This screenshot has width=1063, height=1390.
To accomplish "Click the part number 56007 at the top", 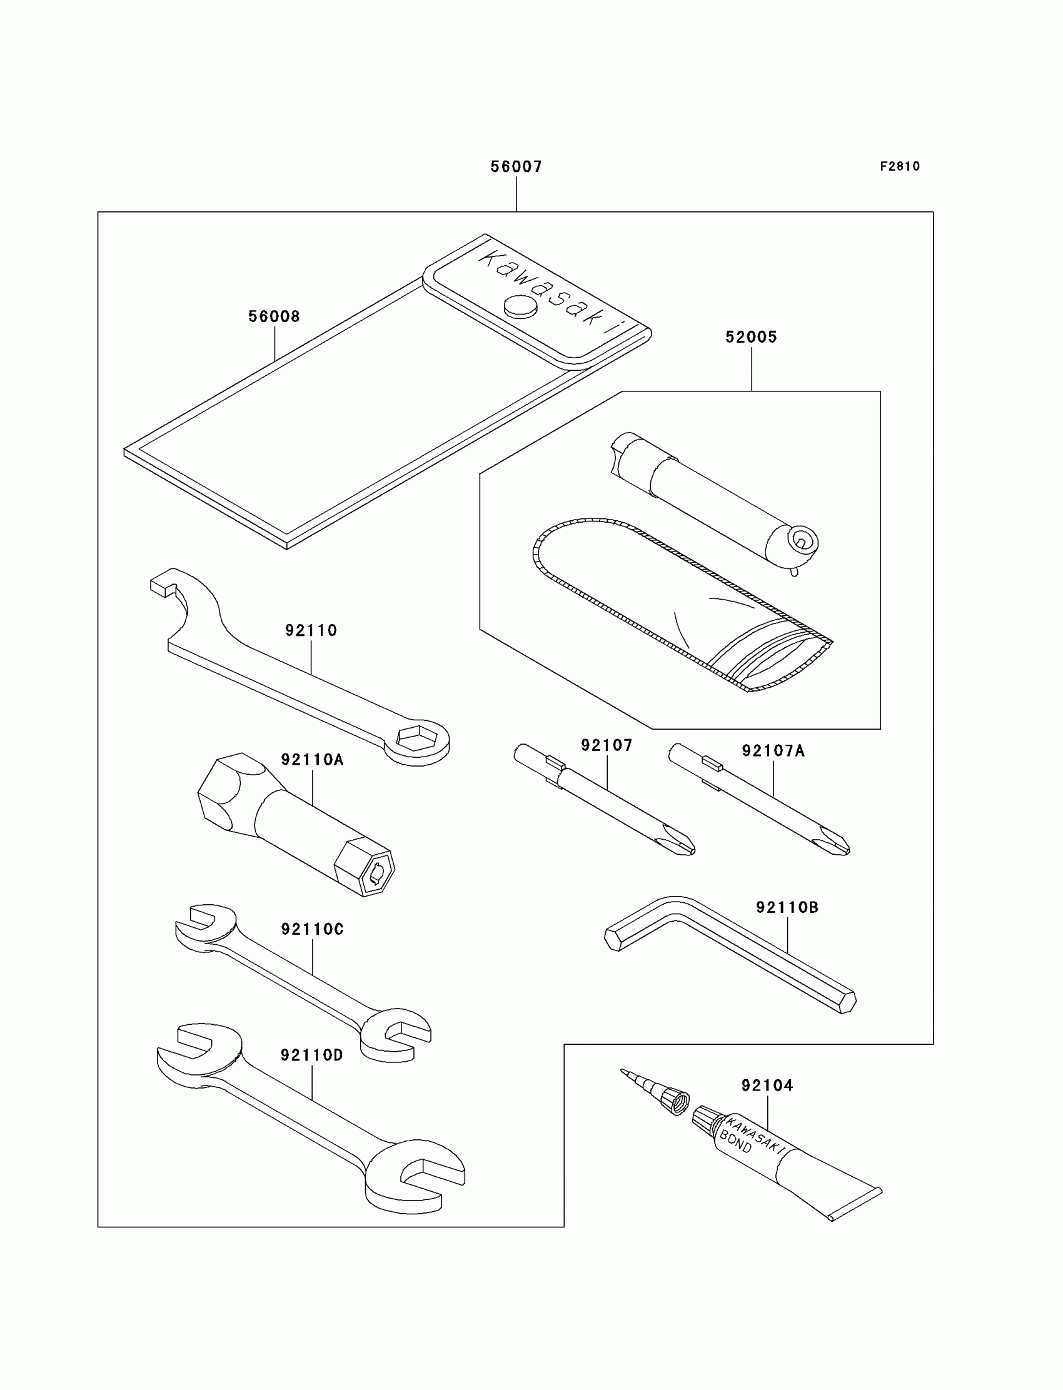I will point(516,166).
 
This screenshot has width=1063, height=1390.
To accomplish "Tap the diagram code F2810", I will point(900,166).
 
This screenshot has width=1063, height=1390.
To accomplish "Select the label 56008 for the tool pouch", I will point(274,316).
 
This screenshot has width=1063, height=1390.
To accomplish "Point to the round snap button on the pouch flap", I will point(520,307).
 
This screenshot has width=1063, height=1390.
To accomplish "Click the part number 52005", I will point(751,336).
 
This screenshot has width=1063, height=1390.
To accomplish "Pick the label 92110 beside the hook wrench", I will point(311,630).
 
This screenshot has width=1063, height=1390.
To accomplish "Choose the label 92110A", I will point(313,759).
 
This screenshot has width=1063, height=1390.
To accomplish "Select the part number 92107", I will point(607,745).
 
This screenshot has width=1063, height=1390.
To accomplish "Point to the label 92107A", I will point(773,751).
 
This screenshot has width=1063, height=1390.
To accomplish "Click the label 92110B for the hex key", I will point(787,907).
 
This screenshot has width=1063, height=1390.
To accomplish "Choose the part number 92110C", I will point(313,929).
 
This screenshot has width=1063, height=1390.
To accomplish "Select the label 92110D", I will point(312,1055).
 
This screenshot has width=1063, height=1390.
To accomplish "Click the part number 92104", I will point(767,1085).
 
